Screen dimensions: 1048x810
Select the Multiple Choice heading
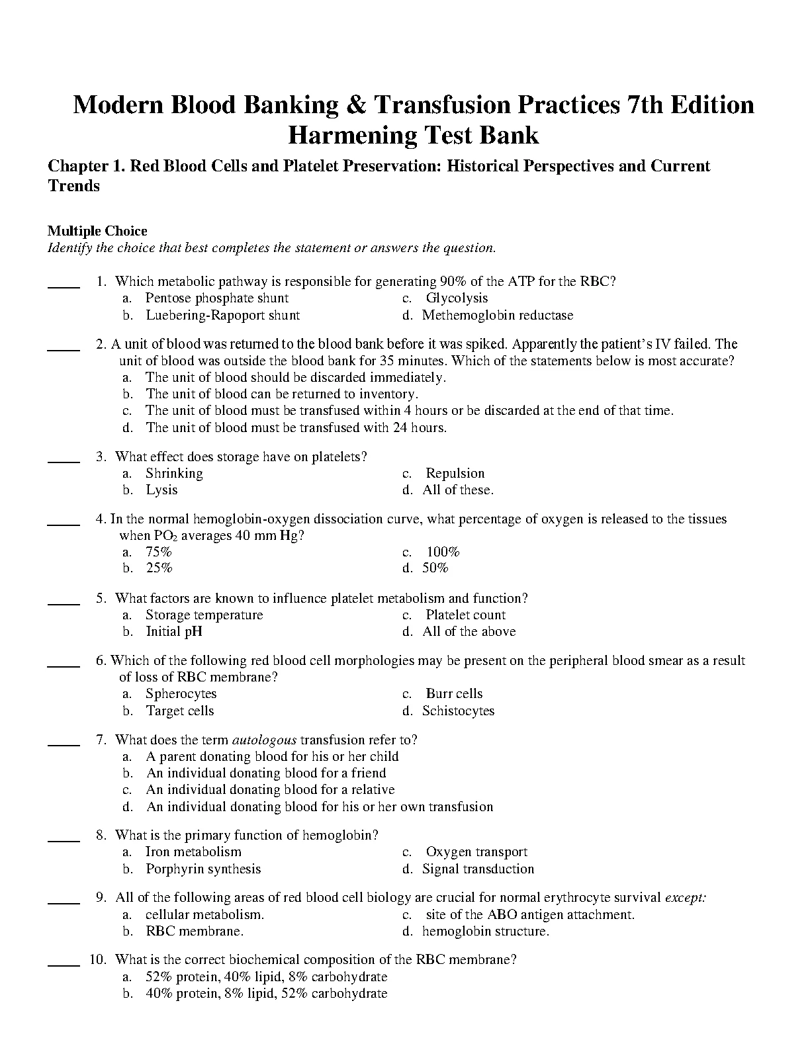pos(97,231)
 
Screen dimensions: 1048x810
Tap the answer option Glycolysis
pos(457,298)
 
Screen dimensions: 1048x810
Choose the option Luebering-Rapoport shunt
pos(222,316)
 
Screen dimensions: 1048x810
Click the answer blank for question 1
pos(64,286)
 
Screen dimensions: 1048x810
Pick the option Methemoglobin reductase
pos(498,316)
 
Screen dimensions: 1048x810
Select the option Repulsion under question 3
pos(455,473)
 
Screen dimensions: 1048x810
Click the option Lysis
pos(161,490)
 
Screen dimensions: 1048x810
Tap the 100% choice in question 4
pos(443,552)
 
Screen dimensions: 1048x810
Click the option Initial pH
pos(174,632)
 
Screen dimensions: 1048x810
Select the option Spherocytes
pos(181,694)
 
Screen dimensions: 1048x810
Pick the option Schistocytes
pos(459,711)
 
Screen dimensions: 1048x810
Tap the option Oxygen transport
pos(476,852)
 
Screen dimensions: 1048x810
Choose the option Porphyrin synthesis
pos(203,869)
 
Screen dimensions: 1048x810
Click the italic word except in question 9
pos(686,898)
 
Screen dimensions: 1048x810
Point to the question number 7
pos(101,740)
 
